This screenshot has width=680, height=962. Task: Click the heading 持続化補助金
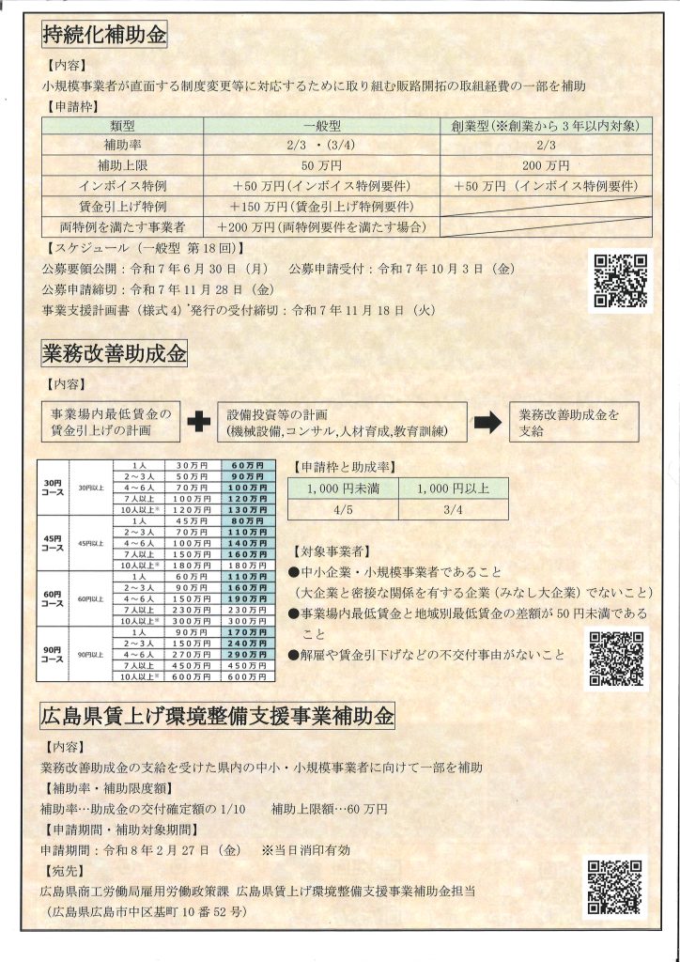point(104,36)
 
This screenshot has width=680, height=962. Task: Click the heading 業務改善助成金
point(115,354)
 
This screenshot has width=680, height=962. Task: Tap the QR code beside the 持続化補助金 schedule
point(618,281)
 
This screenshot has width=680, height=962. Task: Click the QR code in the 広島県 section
point(616,887)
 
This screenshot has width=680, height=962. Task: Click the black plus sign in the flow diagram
point(198,423)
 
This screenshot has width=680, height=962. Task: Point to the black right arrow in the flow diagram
point(487,423)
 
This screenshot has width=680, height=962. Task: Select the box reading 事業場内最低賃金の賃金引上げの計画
point(110,422)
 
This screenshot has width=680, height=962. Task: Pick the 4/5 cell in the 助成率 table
point(342,510)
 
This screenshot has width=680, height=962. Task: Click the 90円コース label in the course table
point(53,654)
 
